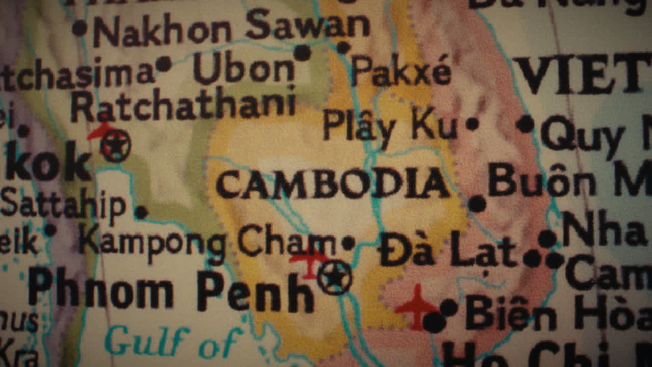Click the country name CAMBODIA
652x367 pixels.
tap(333, 184)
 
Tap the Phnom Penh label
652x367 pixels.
tap(171, 292)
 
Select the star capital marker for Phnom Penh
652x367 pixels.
tap(335, 277)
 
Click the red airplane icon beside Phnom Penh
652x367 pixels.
tap(309, 261)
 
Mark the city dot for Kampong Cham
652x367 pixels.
tap(348, 243)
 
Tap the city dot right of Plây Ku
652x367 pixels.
tap(472, 124)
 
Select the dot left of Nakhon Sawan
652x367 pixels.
tap(79, 28)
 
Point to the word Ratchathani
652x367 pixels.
tap(183, 106)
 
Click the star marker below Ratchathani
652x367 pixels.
tap(116, 145)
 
